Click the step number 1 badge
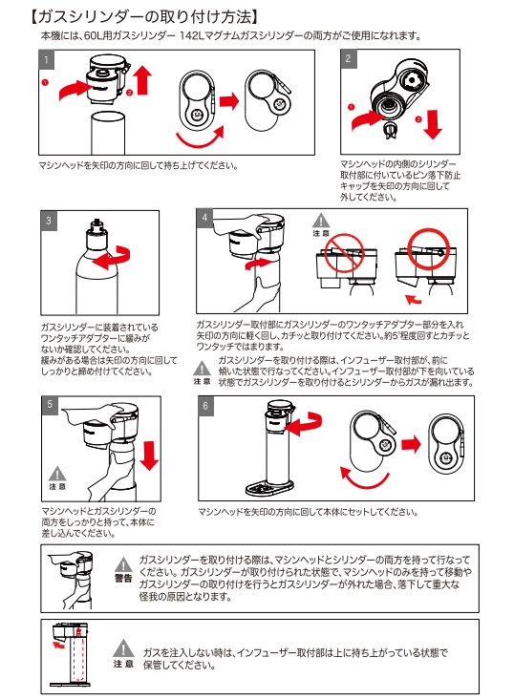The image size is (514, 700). [47, 60]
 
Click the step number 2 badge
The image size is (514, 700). [349, 58]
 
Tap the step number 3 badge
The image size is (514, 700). [49, 221]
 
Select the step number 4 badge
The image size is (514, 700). [204, 218]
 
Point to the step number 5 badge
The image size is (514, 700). [50, 405]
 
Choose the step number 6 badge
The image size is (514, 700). [205, 406]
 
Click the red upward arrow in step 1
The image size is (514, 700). [143, 80]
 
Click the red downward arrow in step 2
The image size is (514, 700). [432, 123]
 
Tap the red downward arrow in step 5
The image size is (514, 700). [149, 456]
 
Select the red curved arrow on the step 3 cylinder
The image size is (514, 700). [114, 258]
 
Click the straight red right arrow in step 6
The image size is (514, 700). [411, 444]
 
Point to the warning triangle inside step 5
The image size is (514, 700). [57, 474]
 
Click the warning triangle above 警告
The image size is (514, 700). [123, 564]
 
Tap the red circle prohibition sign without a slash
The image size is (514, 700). [428, 249]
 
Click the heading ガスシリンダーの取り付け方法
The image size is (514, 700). [144, 17]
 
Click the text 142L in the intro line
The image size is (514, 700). [192, 35]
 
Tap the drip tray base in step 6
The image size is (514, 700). [269, 488]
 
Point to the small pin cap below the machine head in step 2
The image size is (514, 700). [391, 131]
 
